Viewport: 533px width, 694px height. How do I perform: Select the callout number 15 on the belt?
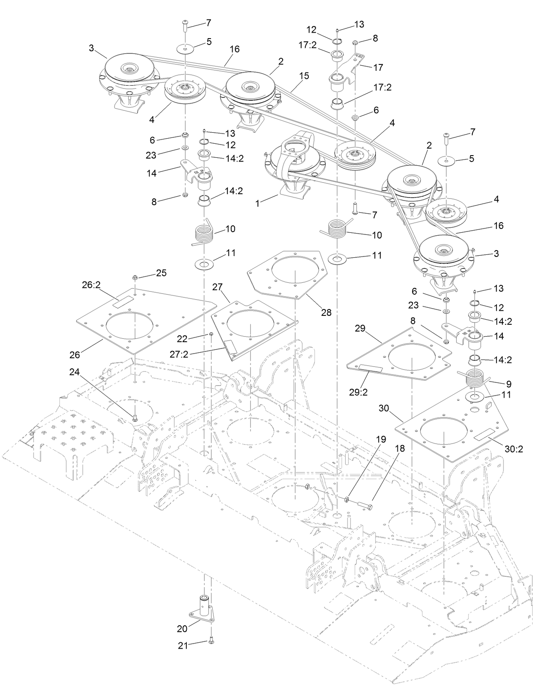[303, 76]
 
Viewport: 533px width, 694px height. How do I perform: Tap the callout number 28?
[326, 312]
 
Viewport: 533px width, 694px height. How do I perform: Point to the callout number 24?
[75, 372]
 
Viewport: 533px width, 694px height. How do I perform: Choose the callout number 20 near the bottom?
[182, 629]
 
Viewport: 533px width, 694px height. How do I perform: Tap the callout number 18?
[400, 448]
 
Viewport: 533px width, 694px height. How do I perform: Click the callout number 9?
[508, 384]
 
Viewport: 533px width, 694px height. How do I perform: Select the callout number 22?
[182, 338]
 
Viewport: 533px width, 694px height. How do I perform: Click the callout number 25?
[161, 273]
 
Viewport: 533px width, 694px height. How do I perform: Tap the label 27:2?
[179, 354]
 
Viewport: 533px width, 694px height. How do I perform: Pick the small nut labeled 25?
[134, 277]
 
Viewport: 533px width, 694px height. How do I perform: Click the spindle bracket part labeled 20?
[203, 609]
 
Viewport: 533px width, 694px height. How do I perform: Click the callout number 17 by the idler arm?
[378, 67]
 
